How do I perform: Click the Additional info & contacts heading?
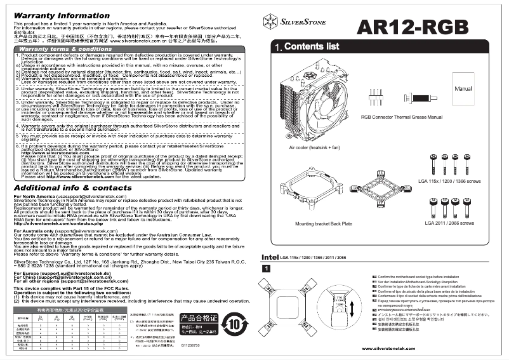[x=72, y=170]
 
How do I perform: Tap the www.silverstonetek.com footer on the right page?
[x=388, y=349]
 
